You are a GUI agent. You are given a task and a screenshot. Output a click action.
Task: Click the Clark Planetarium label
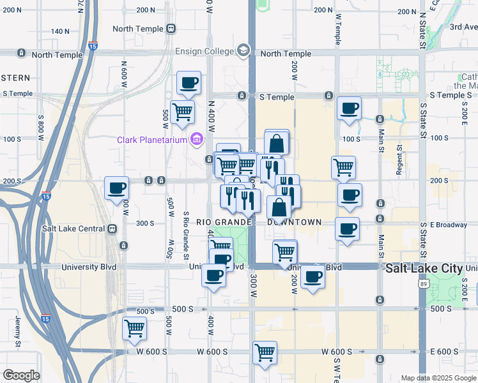pos(151,140)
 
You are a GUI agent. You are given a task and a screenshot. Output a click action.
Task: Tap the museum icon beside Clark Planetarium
pos(197,139)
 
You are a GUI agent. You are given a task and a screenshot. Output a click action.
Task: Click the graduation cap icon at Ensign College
pos(243,50)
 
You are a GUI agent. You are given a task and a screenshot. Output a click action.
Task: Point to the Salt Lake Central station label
pos(73,228)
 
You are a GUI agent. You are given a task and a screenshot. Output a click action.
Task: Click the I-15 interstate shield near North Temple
pos(93,46)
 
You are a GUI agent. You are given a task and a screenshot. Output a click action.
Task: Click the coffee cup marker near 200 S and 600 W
pos(117,188)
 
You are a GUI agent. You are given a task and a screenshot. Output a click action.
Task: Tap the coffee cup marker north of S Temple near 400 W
pos(189,82)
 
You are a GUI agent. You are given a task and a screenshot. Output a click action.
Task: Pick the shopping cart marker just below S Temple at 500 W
pos(183,112)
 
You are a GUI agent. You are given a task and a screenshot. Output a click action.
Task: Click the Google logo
pos(21,375)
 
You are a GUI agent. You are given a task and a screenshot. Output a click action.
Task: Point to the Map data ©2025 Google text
pos(438,378)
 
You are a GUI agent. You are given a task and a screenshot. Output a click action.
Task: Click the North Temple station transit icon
pos(171,29)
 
